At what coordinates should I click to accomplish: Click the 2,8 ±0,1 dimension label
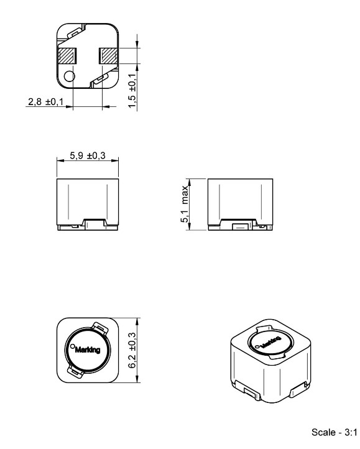pos(46,101)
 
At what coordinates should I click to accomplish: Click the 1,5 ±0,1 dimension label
pos(132,91)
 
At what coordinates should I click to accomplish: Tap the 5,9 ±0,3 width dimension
pos(88,155)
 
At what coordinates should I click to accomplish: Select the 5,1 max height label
pos(185,204)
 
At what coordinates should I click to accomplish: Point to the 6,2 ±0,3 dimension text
pos(132,350)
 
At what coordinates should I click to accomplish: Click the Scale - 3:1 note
pos(335,432)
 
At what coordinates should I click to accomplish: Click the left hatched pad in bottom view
pos(68,56)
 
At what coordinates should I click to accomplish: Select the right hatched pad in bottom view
pos(108,56)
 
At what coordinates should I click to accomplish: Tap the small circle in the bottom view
pos(69,76)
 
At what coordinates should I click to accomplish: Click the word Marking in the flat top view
pos(88,349)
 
